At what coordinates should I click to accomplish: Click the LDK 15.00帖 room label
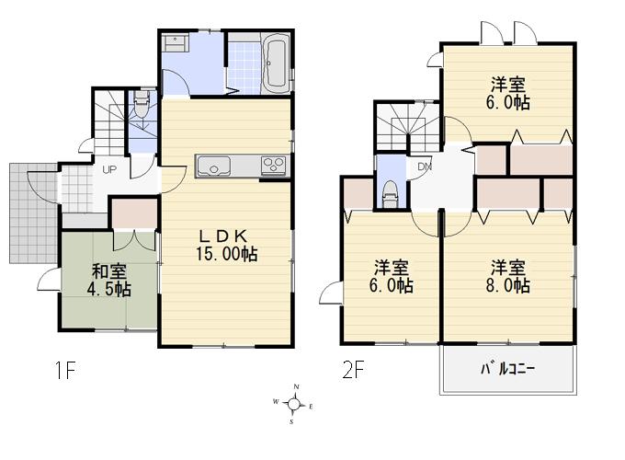click(224, 245)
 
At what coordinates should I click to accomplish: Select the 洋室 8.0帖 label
click(508, 276)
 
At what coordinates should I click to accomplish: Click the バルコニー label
click(508, 371)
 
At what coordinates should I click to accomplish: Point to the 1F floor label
click(63, 372)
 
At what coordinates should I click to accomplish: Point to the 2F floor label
click(353, 372)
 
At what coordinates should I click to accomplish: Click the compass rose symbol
click(293, 403)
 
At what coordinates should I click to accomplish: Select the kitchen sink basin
click(214, 167)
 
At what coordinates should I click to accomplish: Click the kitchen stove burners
click(274, 166)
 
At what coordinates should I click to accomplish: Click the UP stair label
click(108, 170)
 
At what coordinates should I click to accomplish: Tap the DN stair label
click(425, 167)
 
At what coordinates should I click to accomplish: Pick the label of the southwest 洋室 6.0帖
click(392, 276)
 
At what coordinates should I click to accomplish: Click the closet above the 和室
click(134, 213)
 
